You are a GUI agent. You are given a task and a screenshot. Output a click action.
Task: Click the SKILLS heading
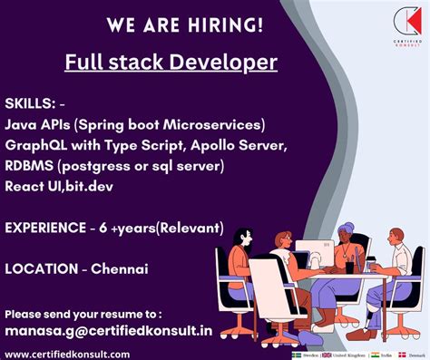(32, 103)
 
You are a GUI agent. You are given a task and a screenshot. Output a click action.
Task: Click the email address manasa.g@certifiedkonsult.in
(109, 331)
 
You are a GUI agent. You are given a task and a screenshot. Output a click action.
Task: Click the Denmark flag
(400, 355)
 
